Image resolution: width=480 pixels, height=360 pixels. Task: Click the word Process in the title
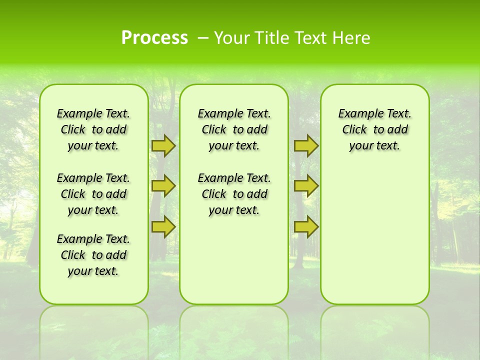tap(154, 38)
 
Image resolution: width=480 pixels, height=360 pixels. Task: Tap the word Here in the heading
tap(352, 38)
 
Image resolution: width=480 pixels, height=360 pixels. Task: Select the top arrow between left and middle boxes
tap(163, 145)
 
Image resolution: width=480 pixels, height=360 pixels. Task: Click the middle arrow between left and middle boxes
tap(163, 186)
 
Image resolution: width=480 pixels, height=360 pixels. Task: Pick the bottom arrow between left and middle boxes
tap(163, 226)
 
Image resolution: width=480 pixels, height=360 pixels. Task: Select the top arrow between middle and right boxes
tap(306, 145)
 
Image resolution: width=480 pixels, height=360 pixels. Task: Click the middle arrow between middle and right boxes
tap(306, 186)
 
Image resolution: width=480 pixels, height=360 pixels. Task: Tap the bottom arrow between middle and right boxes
tap(306, 226)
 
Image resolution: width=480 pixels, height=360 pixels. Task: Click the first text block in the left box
tap(93, 129)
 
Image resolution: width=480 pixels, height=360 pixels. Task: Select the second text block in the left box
tap(93, 194)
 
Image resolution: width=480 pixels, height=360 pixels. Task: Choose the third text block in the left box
tap(93, 255)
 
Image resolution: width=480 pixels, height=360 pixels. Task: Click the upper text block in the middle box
tap(234, 129)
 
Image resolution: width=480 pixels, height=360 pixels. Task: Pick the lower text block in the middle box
tap(234, 194)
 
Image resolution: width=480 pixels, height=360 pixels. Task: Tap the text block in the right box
tap(374, 129)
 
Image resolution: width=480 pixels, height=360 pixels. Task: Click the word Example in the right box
tap(358, 114)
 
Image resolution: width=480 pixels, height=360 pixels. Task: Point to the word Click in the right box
tap(354, 130)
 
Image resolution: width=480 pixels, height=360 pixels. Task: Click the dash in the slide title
tap(203, 38)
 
